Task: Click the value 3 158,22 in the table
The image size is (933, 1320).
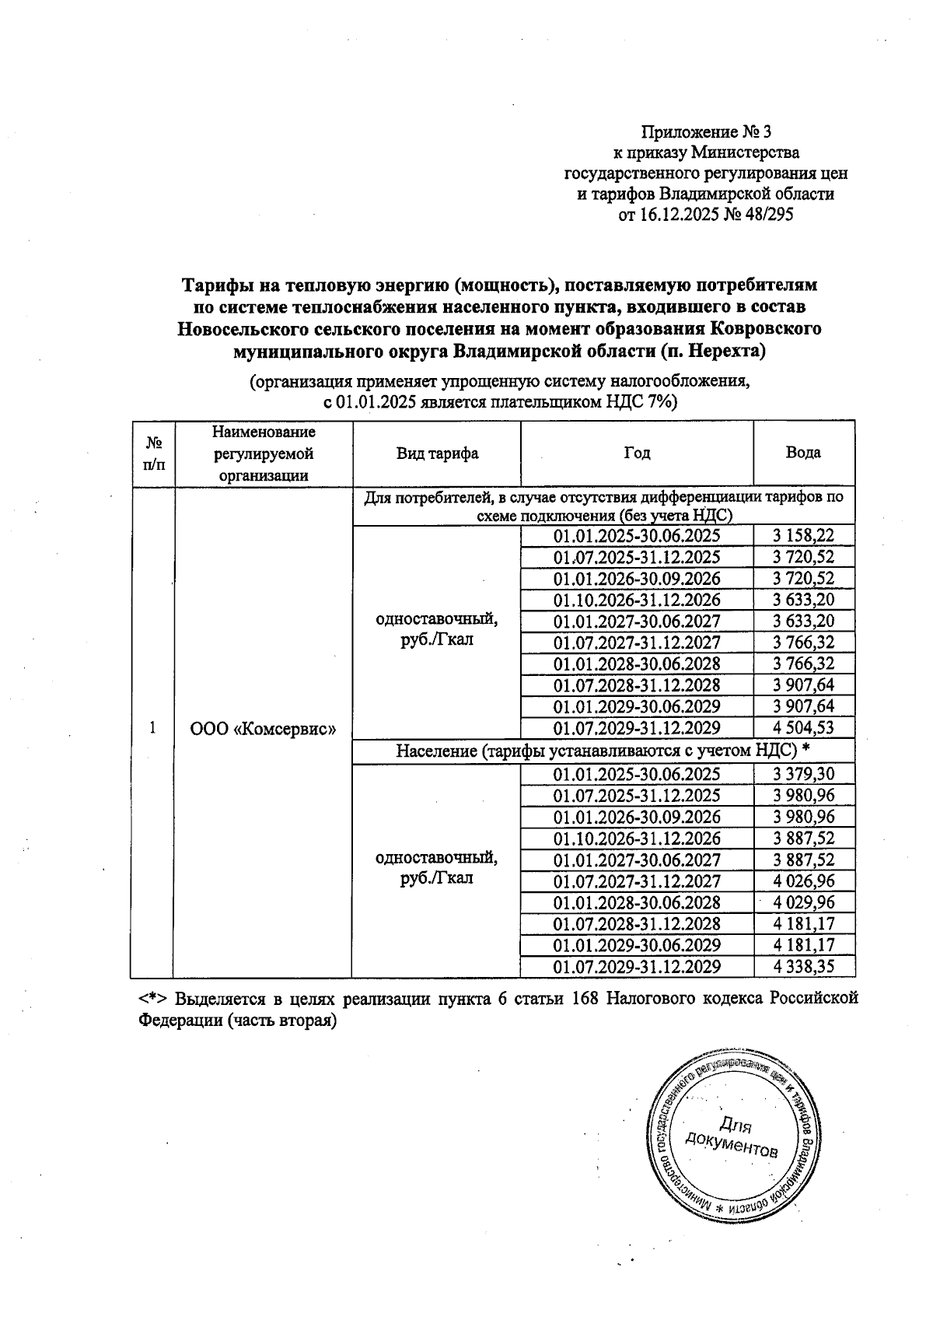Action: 803,536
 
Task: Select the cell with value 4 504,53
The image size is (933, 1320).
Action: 803,728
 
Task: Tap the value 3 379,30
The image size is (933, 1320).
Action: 803,774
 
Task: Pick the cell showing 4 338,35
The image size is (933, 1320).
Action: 803,967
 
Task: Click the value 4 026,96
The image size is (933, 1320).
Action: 803,881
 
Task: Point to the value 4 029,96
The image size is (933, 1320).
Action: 803,903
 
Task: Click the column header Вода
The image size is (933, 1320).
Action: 803,453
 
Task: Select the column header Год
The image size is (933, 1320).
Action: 636,453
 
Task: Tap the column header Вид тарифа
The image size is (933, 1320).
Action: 436,453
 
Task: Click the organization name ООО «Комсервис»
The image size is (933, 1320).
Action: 263,729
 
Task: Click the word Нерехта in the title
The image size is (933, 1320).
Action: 722,351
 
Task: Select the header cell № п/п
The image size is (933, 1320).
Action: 153,453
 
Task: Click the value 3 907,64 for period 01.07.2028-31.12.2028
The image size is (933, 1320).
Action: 803,685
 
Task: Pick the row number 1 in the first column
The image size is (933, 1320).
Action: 153,728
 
